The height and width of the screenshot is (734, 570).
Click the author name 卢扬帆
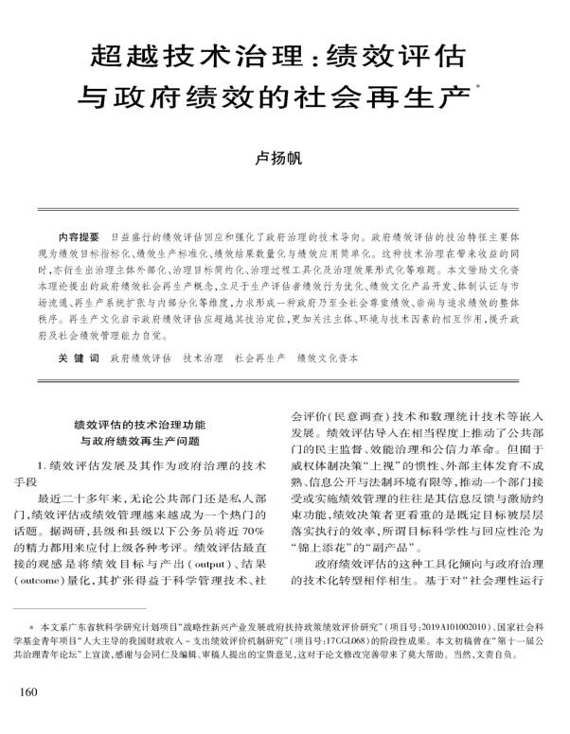pos(284,161)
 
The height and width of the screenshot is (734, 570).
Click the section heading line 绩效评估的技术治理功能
pos(151,426)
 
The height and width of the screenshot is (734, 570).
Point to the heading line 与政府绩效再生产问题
pos(151,442)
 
